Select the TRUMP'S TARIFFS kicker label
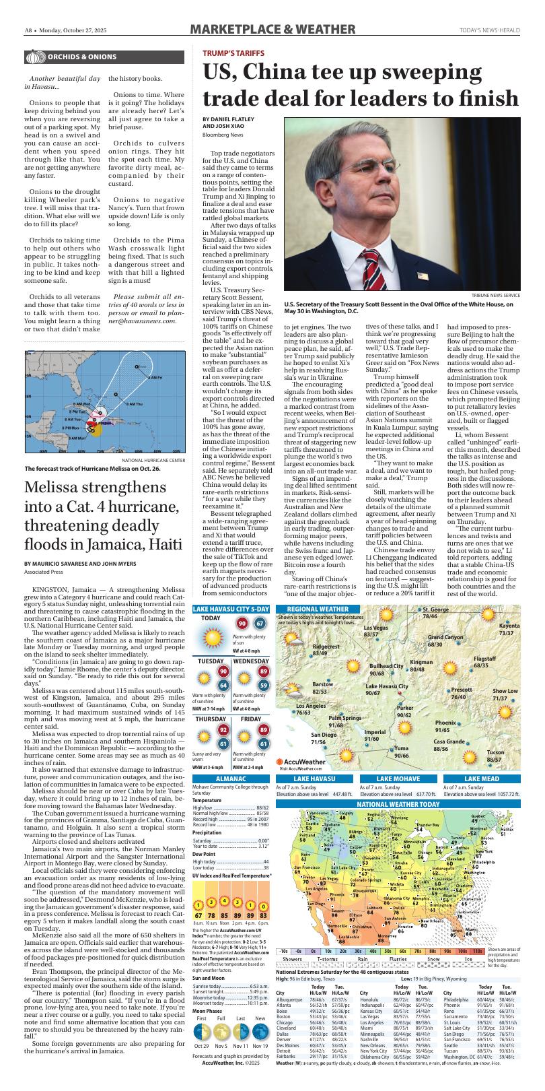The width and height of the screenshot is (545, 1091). [234, 53]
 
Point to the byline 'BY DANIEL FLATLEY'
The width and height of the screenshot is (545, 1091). [229, 119]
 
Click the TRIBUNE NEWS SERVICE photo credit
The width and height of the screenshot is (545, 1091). [496, 296]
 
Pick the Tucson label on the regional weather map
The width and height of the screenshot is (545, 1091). [495, 752]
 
